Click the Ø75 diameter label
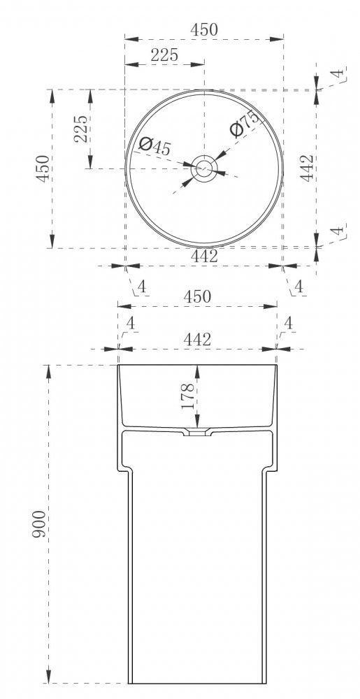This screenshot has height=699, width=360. point(245,123)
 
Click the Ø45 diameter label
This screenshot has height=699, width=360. point(154,146)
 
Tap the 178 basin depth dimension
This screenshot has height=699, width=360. point(188,396)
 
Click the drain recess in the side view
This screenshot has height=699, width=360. point(197,432)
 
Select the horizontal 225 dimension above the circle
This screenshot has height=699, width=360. point(164,55)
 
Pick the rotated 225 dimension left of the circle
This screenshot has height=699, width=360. point(80,129)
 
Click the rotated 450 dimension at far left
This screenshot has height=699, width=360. point(43,168)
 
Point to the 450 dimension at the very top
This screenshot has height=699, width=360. point(204,29)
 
